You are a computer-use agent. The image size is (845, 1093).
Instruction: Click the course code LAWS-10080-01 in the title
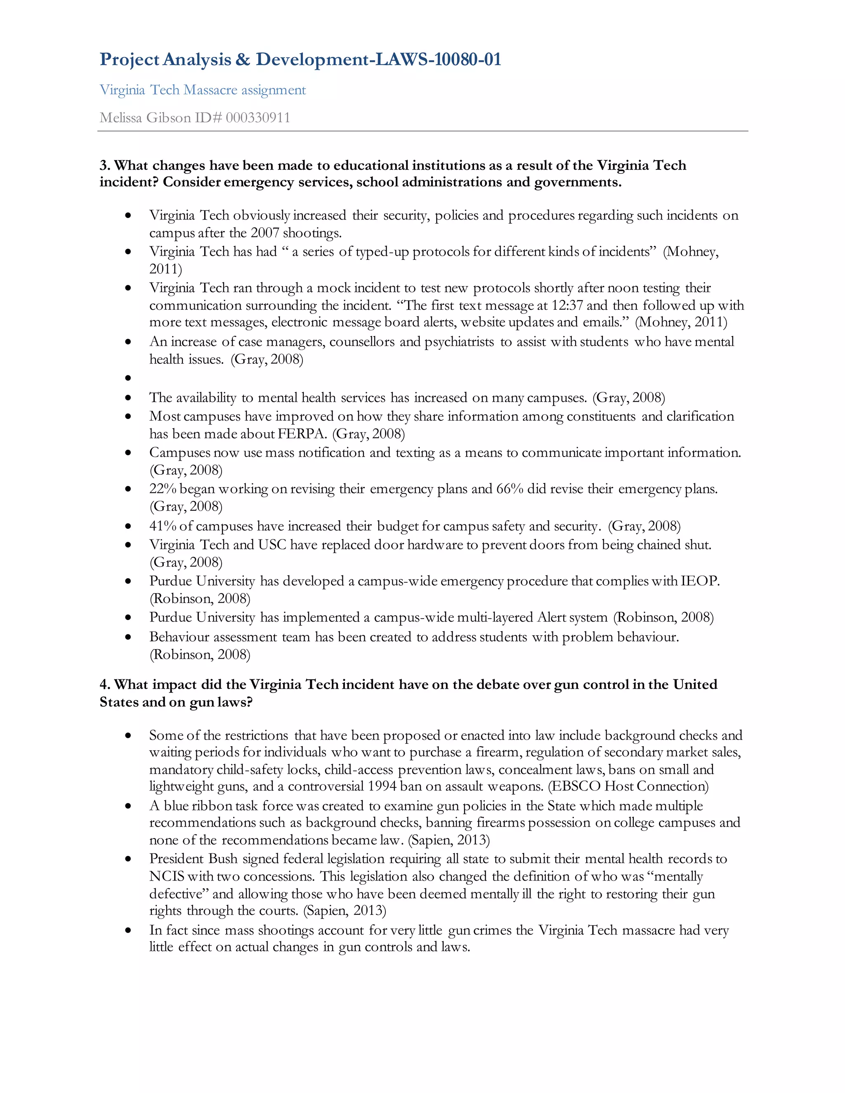click(438, 59)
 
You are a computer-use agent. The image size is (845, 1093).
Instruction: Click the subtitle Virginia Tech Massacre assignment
click(202, 90)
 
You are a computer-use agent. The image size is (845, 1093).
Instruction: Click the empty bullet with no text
click(128, 378)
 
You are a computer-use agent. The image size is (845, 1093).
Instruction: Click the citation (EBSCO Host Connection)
click(628, 786)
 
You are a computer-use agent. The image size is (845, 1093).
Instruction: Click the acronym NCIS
click(167, 876)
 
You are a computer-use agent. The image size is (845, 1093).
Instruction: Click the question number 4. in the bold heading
click(105, 685)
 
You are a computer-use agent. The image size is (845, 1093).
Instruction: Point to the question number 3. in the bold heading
click(105, 166)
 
